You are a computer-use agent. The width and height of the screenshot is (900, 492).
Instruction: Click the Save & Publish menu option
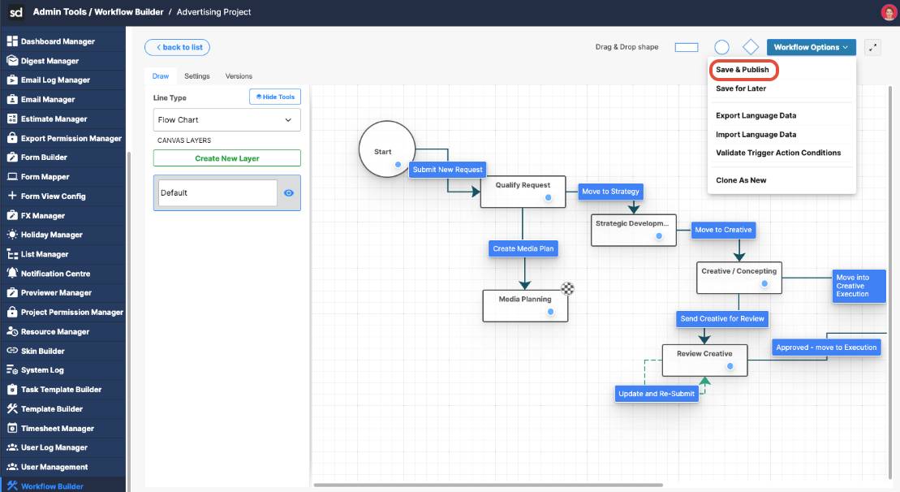pyautogui.click(x=743, y=70)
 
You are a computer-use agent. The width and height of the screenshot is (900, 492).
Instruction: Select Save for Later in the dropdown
pyautogui.click(x=740, y=88)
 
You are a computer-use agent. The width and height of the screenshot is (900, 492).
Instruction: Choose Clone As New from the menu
pyautogui.click(x=740, y=180)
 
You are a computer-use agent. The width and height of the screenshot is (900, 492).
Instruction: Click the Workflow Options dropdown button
pyautogui.click(x=811, y=47)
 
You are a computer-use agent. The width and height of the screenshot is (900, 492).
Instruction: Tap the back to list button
pyautogui.click(x=178, y=47)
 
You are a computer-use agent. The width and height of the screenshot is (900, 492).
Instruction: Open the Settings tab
pyautogui.click(x=197, y=76)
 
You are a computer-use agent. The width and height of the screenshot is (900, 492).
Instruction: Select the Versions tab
pyautogui.click(x=239, y=76)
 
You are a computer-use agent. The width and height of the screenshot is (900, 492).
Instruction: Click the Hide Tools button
pyautogui.click(x=275, y=97)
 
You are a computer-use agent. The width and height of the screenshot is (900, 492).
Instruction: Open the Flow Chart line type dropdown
pyautogui.click(x=226, y=120)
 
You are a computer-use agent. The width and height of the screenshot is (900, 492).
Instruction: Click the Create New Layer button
pyautogui.click(x=226, y=158)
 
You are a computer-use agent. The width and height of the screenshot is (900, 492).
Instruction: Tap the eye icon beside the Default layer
pyautogui.click(x=289, y=193)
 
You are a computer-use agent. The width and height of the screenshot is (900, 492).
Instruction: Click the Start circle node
pyautogui.click(x=386, y=149)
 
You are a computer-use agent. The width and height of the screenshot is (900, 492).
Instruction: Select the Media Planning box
pyautogui.click(x=525, y=306)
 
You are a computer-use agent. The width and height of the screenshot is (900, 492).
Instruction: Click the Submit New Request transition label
pyautogui.click(x=448, y=170)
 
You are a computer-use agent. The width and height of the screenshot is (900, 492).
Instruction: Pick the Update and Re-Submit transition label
pyautogui.click(x=657, y=394)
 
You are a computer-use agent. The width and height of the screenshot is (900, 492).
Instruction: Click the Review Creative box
pyautogui.click(x=705, y=360)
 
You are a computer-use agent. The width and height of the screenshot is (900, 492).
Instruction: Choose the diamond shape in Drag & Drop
pyautogui.click(x=750, y=47)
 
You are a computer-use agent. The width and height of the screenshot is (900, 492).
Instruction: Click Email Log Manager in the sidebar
pyautogui.click(x=55, y=80)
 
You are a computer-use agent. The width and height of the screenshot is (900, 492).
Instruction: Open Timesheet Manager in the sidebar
pyautogui.click(x=58, y=429)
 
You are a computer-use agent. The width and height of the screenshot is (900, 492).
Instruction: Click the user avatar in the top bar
pyautogui.click(x=889, y=12)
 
